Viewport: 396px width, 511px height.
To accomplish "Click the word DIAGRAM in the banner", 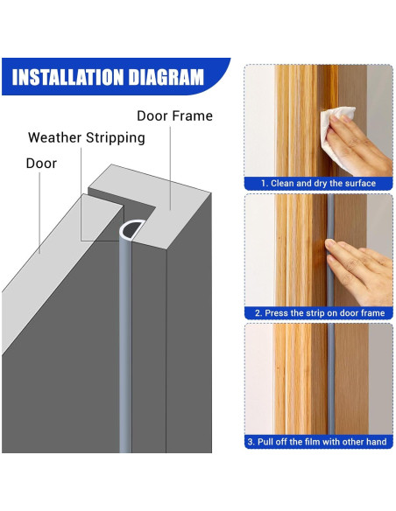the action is [166, 77].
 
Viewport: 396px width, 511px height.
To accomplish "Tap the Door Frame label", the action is [174, 115].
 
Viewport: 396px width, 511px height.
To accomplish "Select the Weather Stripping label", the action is [87, 137].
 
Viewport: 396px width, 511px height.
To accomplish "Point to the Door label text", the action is [41, 164].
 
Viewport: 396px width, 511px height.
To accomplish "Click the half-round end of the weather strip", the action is [132, 229].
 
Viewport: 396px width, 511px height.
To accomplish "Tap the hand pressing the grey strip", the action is [360, 270].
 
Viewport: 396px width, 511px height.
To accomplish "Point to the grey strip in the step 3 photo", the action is [331, 379].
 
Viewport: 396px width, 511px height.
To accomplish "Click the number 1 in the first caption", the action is [263, 184].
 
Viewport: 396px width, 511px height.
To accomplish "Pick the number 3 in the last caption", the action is [251, 442].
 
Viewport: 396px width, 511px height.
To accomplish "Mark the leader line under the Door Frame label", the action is [170, 168].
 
